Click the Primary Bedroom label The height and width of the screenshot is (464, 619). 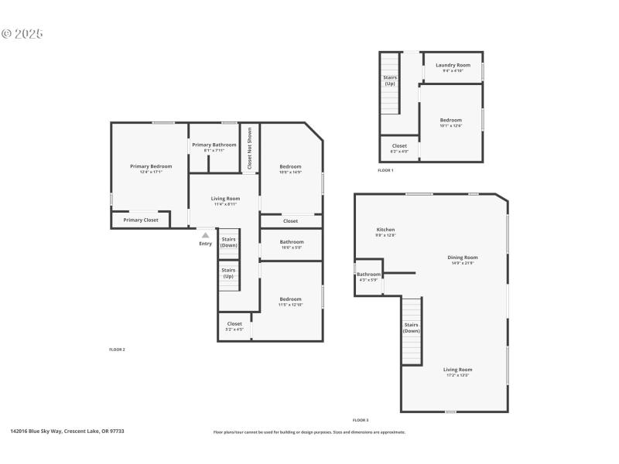click(x=151, y=166)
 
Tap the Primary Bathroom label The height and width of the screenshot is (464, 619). click(x=214, y=145)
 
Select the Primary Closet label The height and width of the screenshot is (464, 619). click(x=140, y=220)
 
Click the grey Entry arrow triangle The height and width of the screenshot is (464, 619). click(x=205, y=236)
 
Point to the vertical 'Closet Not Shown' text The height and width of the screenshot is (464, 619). click(x=249, y=148)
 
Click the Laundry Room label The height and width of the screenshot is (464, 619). click(x=453, y=65)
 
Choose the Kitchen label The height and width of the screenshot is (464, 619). click(x=385, y=230)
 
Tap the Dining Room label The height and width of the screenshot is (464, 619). click(x=463, y=258)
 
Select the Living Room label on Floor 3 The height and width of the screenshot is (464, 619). click(x=457, y=370)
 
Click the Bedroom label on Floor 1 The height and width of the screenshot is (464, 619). click(x=451, y=120)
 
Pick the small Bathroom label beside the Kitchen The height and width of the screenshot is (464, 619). click(x=368, y=275)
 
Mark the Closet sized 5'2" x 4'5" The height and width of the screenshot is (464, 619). click(x=234, y=324)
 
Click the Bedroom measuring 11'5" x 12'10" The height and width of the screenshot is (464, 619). click(x=290, y=299)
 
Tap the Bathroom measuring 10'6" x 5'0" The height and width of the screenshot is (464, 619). click(x=292, y=242)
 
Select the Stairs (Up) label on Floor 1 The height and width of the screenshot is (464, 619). click(x=390, y=80)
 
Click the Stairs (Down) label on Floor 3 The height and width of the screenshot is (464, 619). click(x=411, y=328)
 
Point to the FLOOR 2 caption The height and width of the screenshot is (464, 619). click(x=117, y=350)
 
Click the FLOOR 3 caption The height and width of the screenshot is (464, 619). click(x=361, y=420)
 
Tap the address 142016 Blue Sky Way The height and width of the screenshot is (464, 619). click(x=67, y=432)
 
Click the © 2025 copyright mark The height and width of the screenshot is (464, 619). click(x=22, y=34)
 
